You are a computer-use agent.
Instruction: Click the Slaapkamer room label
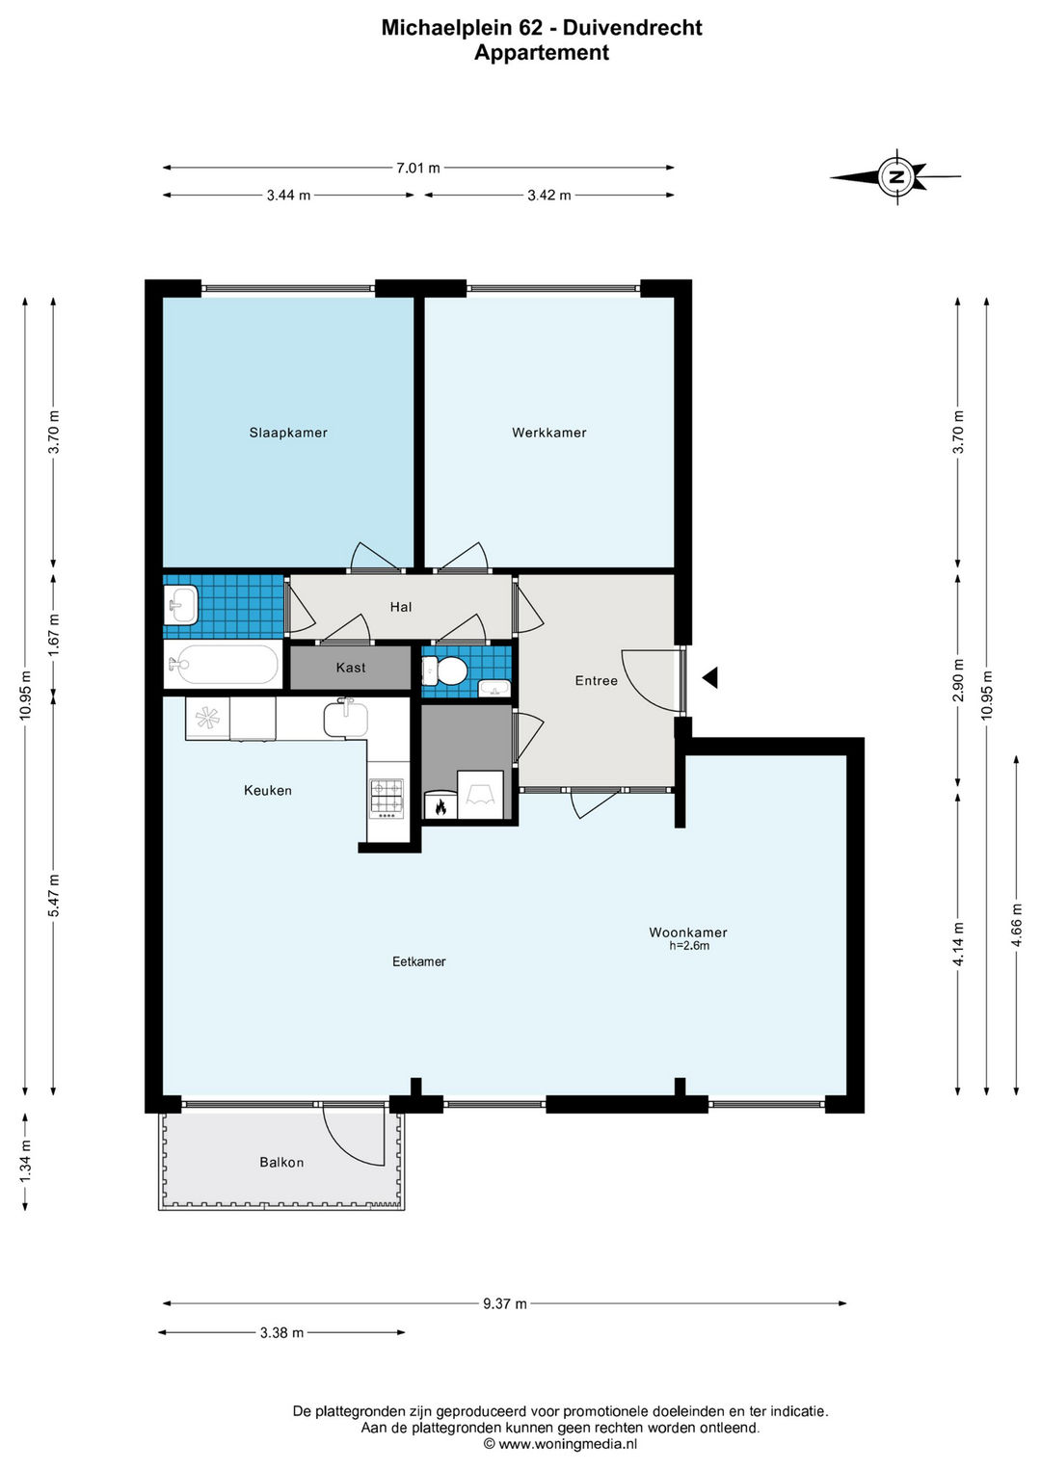(288, 433)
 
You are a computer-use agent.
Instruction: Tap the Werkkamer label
(548, 433)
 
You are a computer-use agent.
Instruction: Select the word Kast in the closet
(350, 668)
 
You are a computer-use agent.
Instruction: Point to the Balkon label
(281, 1163)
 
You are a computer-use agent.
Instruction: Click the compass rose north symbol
(895, 176)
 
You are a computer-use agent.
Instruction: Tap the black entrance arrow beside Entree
(709, 678)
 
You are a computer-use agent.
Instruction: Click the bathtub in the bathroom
(223, 665)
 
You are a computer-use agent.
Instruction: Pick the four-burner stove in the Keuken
(387, 799)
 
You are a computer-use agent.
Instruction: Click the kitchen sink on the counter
(346, 718)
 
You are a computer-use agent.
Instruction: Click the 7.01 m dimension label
(417, 169)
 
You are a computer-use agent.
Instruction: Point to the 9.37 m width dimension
(505, 1303)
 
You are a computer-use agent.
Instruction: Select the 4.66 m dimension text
(1017, 926)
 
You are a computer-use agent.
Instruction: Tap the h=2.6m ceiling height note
(689, 946)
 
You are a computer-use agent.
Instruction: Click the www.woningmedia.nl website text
(567, 1444)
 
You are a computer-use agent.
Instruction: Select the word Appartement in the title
(542, 53)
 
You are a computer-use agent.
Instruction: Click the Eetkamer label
(418, 961)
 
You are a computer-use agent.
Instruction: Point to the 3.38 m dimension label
(281, 1331)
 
